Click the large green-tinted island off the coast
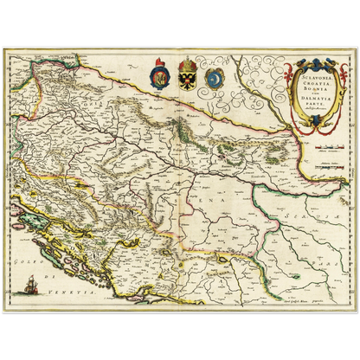point(35,225)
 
